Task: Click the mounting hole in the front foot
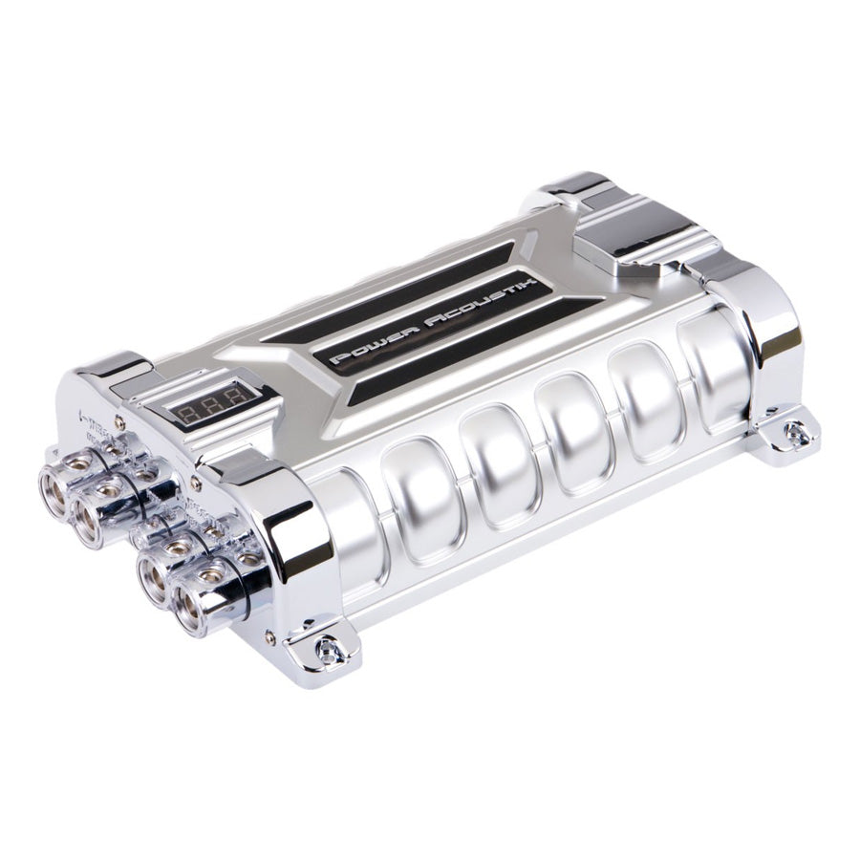(x=330, y=652)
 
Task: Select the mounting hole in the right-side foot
(x=795, y=435)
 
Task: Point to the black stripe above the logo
(x=420, y=277)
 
